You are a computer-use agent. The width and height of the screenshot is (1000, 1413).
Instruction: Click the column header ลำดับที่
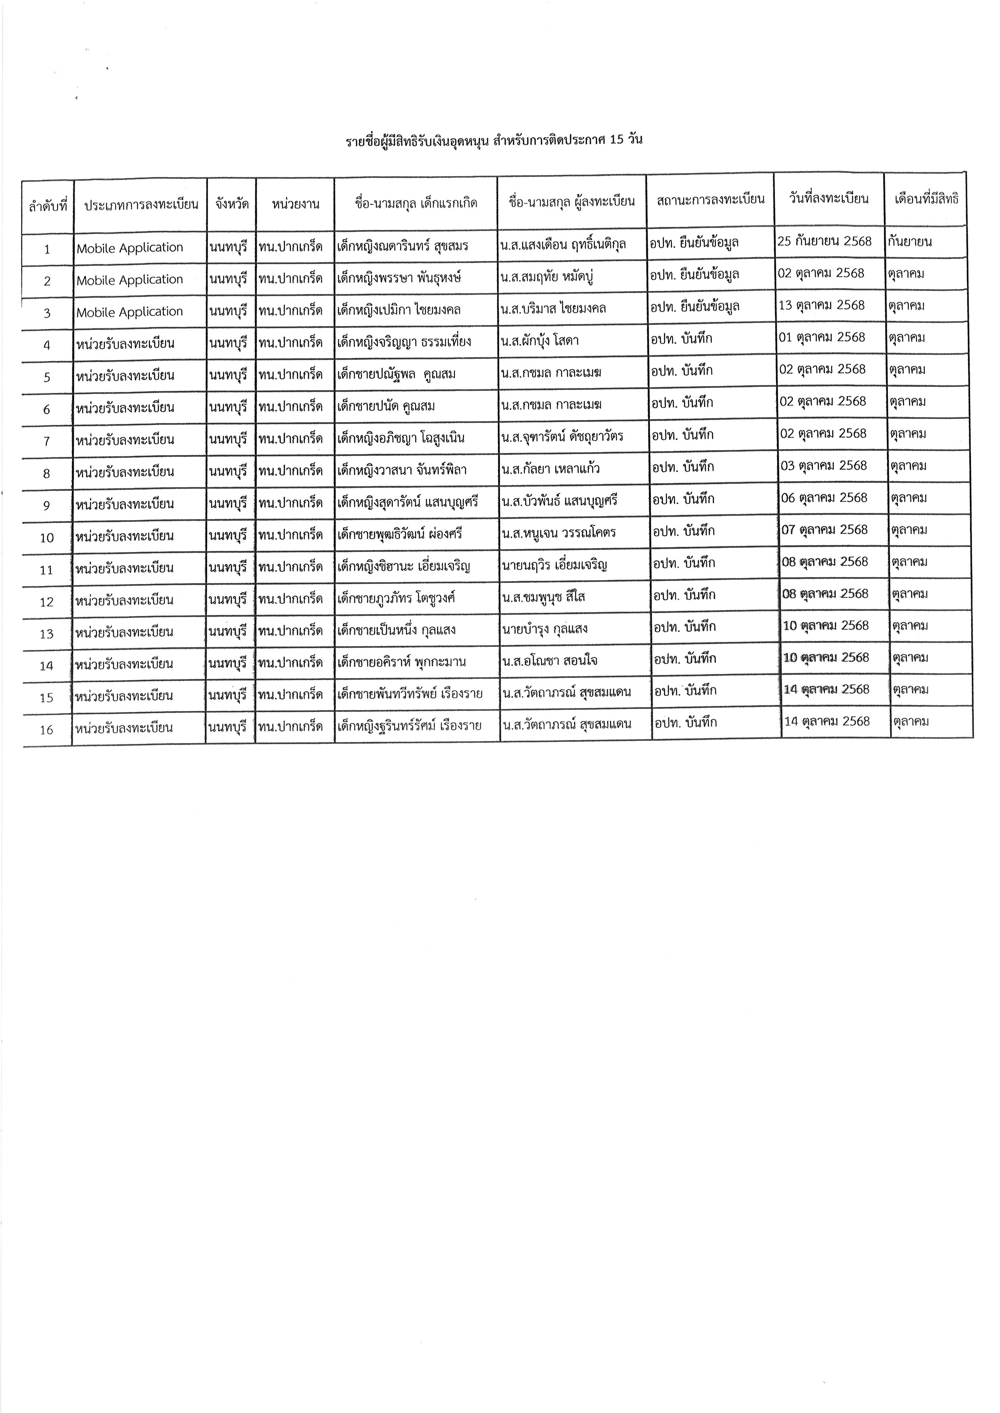click(48, 205)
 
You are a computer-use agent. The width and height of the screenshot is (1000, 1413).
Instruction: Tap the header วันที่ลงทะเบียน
click(829, 199)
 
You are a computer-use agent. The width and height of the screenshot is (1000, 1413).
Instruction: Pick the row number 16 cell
click(47, 730)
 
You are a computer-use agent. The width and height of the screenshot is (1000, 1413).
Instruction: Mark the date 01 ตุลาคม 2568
click(822, 337)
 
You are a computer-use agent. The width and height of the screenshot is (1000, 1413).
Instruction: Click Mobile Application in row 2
click(130, 280)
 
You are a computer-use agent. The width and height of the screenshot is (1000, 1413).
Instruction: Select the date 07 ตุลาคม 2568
click(825, 530)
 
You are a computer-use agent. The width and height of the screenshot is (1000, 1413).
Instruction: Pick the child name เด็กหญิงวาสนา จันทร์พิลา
click(402, 470)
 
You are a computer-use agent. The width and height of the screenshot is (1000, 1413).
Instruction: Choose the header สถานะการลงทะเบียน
click(710, 199)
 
